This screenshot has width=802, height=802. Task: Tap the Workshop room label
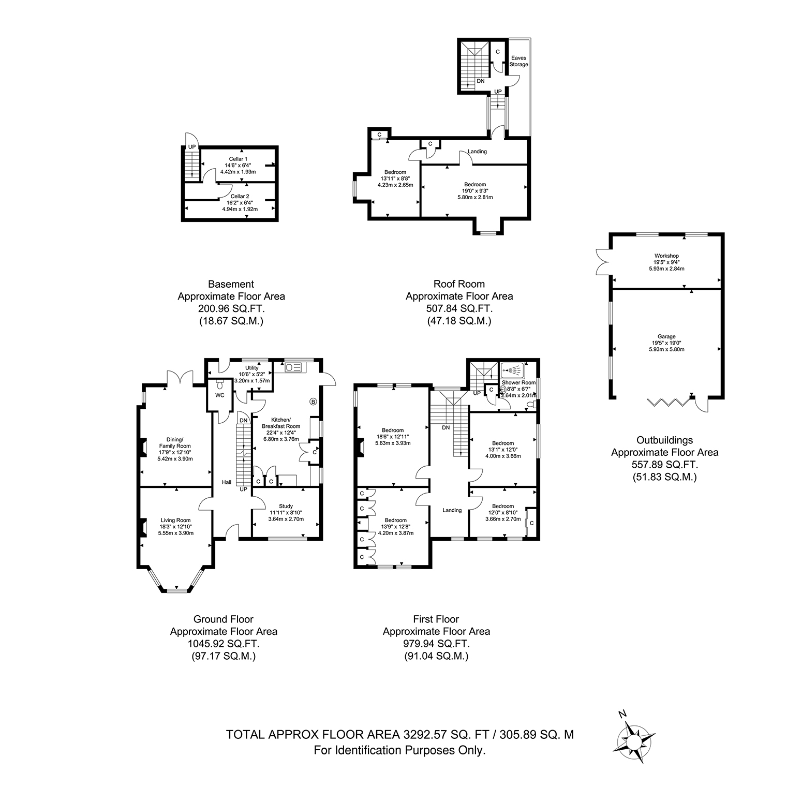[666, 256]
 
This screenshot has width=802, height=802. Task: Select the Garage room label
[667, 336]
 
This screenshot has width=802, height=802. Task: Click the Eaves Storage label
[518, 61]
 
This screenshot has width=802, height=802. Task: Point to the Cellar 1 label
[238, 159]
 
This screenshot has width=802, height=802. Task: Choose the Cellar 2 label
[240, 197]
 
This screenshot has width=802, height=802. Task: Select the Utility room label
[252, 368]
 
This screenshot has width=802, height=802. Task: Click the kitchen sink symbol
[293, 367]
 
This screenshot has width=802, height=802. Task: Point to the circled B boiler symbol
[313, 401]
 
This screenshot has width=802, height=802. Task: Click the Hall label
[227, 482]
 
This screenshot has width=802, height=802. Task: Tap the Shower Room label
[518, 383]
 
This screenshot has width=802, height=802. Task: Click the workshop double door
[603, 262]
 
